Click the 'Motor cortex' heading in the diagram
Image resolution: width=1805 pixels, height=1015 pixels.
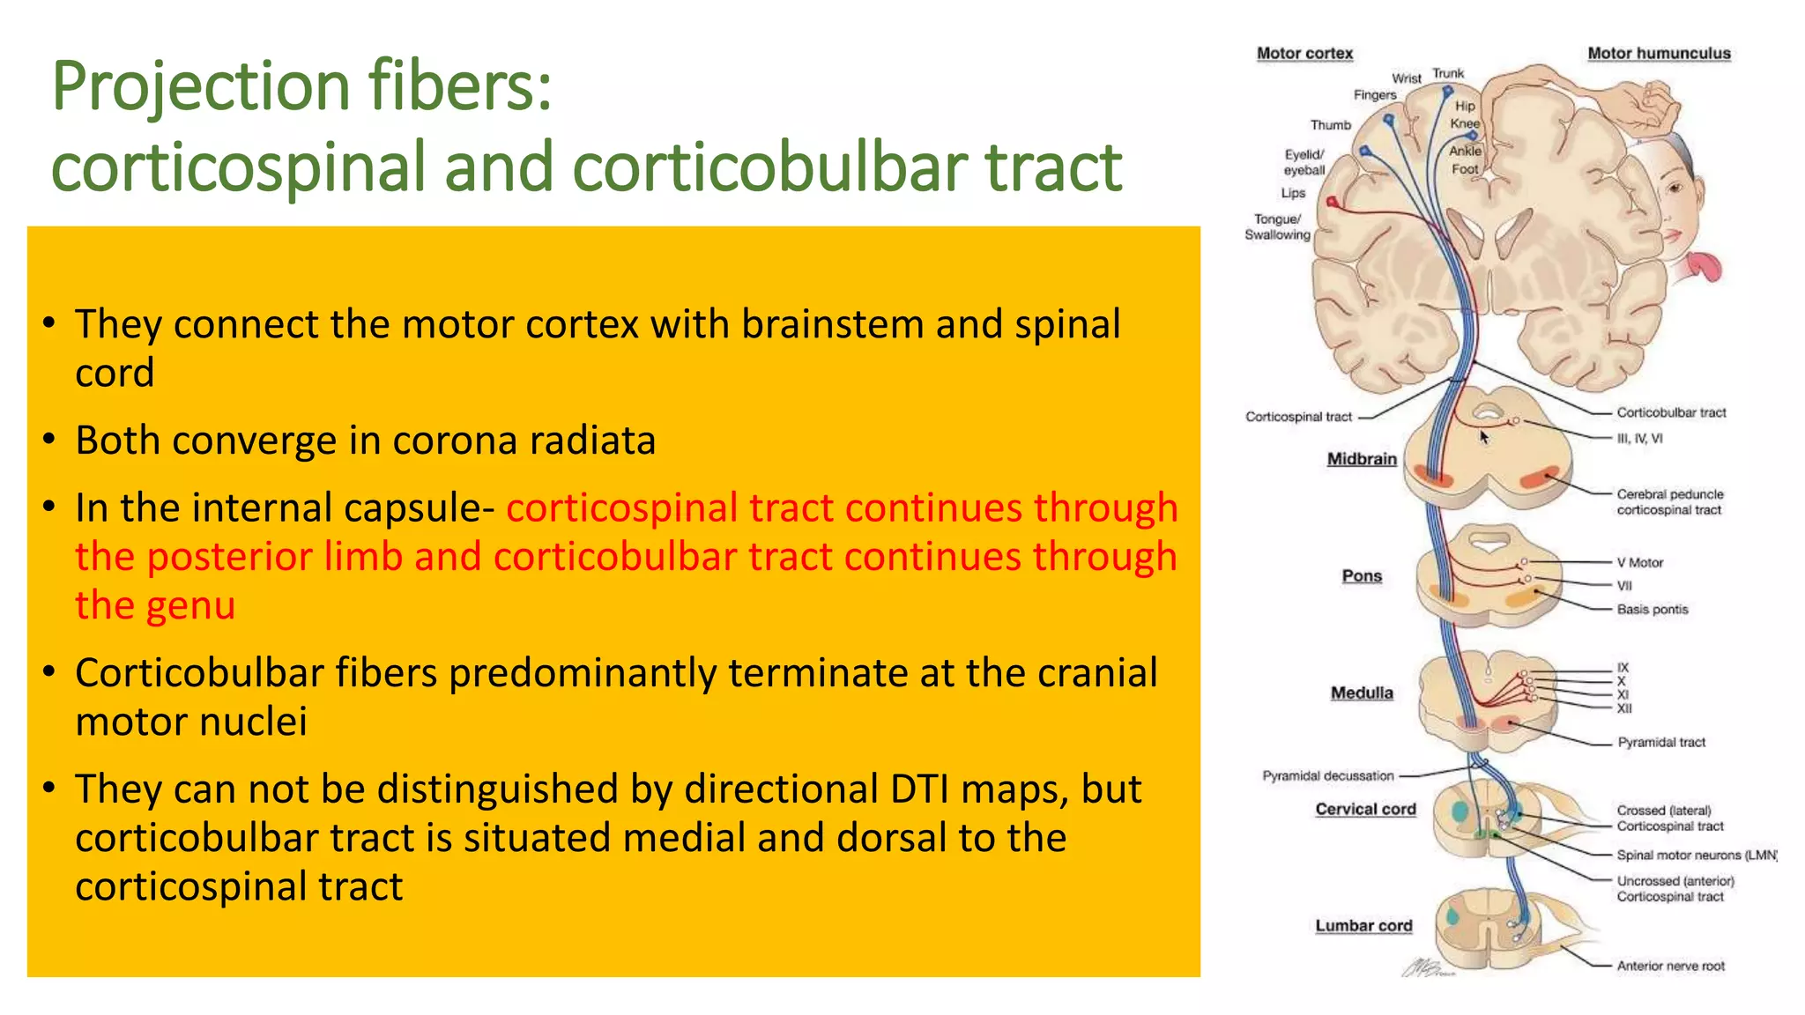click(1304, 53)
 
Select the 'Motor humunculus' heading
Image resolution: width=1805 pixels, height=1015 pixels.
click(1659, 53)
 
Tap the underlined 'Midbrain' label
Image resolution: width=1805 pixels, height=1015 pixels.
click(1362, 458)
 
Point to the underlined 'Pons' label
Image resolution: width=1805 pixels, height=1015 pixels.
click(1362, 575)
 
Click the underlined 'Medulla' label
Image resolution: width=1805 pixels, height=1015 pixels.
click(1362, 693)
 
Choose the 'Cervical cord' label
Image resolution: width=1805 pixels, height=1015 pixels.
click(1365, 809)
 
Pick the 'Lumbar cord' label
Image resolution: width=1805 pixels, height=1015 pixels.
click(1363, 925)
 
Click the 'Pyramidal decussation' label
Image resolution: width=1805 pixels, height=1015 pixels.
click(1328, 775)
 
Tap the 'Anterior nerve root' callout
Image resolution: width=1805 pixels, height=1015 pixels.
click(1670, 966)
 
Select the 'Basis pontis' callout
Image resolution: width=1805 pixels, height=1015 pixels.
click(1653, 609)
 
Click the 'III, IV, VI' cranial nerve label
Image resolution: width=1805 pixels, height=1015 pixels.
click(1639, 438)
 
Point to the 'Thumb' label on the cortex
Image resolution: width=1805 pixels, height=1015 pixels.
click(1330, 125)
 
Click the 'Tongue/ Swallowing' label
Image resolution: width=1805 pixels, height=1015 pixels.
click(1277, 226)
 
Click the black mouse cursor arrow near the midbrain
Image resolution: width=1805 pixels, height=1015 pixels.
click(1484, 437)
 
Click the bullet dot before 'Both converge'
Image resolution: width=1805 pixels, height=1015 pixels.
click(49, 438)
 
